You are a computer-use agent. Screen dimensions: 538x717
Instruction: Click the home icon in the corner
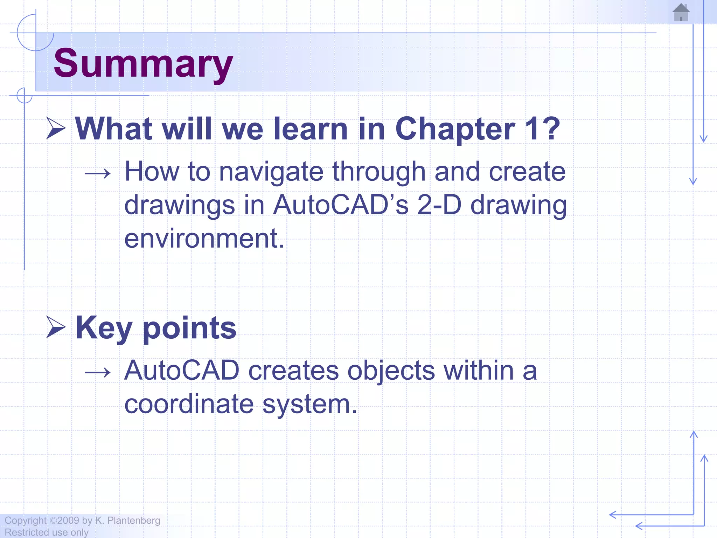[x=681, y=13]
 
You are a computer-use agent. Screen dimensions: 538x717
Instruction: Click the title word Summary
[x=143, y=64]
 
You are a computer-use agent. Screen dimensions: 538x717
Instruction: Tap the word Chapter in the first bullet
[x=455, y=129]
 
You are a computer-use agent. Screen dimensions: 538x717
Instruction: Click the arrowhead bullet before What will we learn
[x=56, y=129]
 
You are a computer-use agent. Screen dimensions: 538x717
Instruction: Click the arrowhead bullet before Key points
[x=56, y=327]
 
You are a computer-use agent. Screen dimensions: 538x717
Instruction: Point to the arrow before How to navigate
[x=98, y=173]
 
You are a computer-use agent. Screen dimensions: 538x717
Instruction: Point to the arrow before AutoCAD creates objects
[x=98, y=372]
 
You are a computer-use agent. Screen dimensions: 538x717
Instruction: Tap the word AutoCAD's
[x=340, y=205]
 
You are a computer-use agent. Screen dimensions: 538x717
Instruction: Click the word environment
[x=204, y=239]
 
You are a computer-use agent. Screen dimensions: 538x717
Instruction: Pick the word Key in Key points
[x=104, y=328]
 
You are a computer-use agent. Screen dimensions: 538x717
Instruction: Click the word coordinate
[x=189, y=404]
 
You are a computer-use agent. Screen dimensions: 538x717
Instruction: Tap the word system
[x=309, y=405]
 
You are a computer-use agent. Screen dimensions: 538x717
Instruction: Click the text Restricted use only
[x=47, y=532]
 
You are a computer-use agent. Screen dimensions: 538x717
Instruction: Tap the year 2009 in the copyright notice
[x=68, y=520]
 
